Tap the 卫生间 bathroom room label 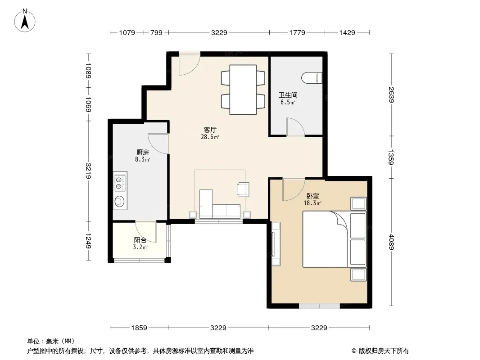pyautogui.click(x=288, y=95)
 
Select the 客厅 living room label pyautogui.click(x=210, y=130)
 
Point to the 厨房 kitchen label pyautogui.click(x=143, y=152)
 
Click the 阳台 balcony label pyautogui.click(x=140, y=240)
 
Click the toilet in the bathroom pyautogui.click(x=312, y=78)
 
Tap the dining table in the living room pyautogui.click(x=243, y=90)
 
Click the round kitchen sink pyautogui.click(x=119, y=201)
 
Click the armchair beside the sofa pyautogui.click(x=243, y=189)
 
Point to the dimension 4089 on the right pyautogui.click(x=391, y=242)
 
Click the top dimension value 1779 pyautogui.click(x=297, y=32)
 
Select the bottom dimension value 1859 pyautogui.click(x=139, y=328)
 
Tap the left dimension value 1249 pyautogui.click(x=88, y=241)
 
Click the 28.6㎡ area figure pyautogui.click(x=210, y=137)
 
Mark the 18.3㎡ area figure pyautogui.click(x=312, y=203)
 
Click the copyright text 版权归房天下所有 pyautogui.click(x=384, y=351)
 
